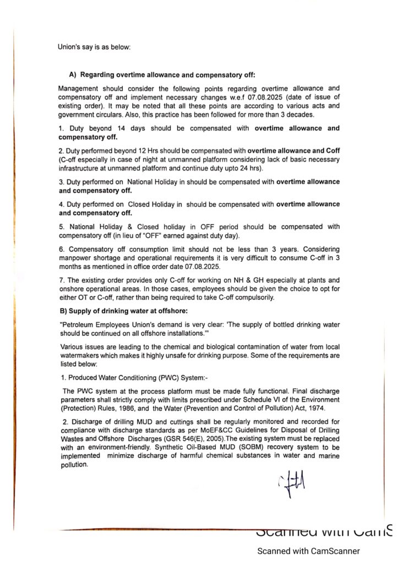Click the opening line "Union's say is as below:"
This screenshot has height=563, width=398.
pos(94,47)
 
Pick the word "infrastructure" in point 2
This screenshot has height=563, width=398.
pos(80,167)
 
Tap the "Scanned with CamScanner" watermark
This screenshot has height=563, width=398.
pos(309,550)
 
